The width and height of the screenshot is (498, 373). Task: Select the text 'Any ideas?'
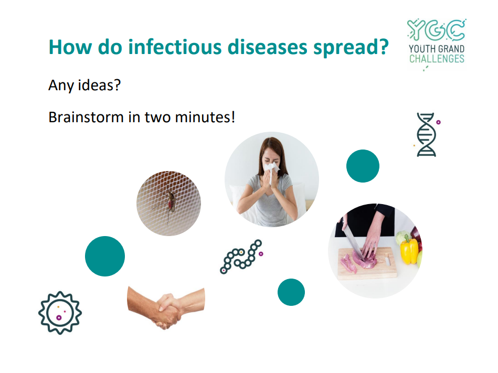(x=84, y=85)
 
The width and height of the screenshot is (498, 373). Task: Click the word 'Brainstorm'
(x=86, y=117)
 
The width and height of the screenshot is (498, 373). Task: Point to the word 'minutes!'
(x=205, y=117)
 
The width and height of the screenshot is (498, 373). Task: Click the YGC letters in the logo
(x=437, y=30)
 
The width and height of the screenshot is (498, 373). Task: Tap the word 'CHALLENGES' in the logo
(x=437, y=59)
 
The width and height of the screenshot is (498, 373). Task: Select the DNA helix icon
(x=426, y=135)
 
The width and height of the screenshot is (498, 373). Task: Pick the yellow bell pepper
(x=409, y=250)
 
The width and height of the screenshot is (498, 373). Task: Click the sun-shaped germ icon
(x=60, y=313)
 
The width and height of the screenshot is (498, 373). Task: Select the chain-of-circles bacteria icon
(x=241, y=257)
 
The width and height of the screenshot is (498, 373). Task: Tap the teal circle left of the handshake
(x=105, y=256)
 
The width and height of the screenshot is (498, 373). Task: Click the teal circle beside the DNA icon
(x=363, y=166)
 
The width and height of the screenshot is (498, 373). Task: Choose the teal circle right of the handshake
(x=291, y=292)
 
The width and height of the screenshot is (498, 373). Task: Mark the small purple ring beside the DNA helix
(x=438, y=122)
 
